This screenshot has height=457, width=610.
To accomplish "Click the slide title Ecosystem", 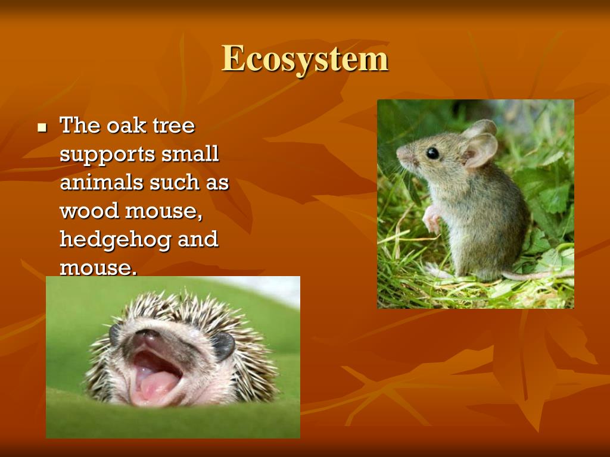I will click(x=305, y=60).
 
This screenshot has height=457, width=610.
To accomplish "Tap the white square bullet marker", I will click(x=42, y=127).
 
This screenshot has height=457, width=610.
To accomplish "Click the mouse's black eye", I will click(x=432, y=153).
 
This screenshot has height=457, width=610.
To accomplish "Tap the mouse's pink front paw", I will click(x=431, y=220).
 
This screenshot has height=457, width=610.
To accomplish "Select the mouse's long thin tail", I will click(x=536, y=275).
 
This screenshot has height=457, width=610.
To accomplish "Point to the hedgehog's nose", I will click(x=146, y=337).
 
